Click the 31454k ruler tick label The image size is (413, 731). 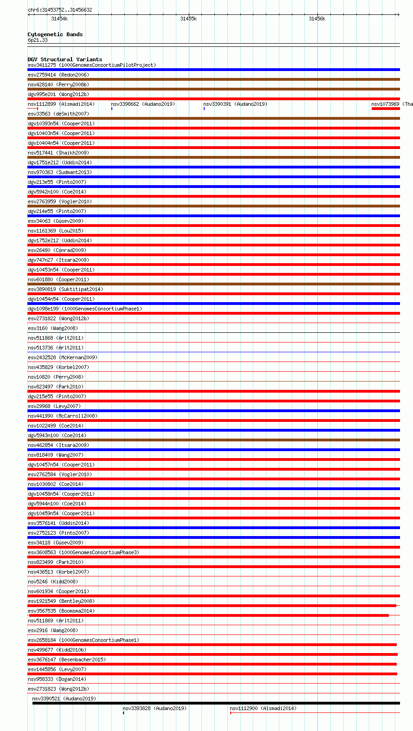point(59,19)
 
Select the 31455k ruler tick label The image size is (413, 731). point(188,19)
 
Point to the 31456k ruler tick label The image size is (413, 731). point(317,19)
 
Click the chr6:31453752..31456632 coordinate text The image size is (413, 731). point(60,10)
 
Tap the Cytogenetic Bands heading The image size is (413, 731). point(55,34)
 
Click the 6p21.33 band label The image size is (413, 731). point(38,40)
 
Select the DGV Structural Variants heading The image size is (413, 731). point(65,59)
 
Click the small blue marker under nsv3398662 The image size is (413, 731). point(112,109)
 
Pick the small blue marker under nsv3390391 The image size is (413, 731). point(204,109)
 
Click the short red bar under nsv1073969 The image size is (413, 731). point(385,109)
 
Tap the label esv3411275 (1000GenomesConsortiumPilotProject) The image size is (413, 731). point(92,65)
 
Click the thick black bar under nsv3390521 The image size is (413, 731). point(216,703)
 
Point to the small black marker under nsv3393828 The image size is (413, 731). point(123,713)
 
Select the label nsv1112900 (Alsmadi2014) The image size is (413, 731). point(263,708)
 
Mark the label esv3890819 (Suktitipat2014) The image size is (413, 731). point(65,289)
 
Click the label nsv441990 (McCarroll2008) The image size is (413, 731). point(63,416)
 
